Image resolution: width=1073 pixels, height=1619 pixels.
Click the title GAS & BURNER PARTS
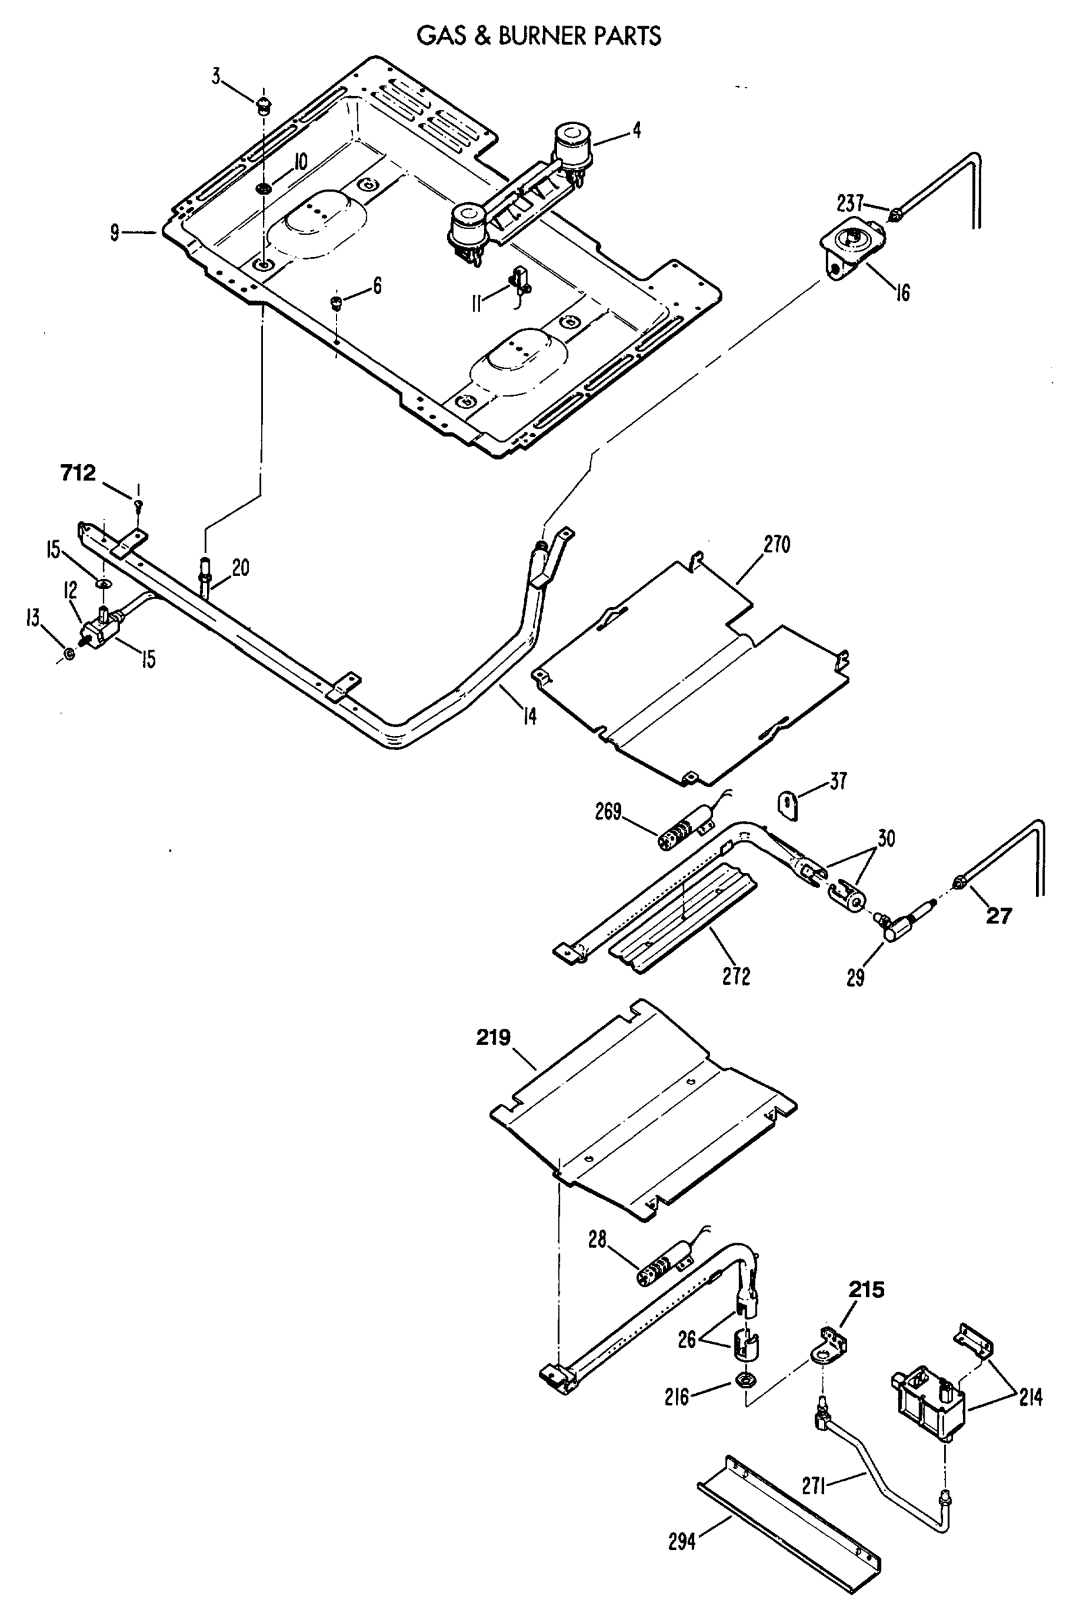539,36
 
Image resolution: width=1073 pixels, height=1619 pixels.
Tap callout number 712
78,473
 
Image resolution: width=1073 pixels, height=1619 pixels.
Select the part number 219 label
494,1038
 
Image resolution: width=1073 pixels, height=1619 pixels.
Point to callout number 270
776,544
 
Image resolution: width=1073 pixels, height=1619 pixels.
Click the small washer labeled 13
69,655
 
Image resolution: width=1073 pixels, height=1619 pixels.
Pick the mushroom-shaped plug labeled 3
263,105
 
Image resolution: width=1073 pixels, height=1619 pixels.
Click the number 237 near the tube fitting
850,203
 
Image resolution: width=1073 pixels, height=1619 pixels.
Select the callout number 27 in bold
997,915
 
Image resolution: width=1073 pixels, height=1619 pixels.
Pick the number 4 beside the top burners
637,130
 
